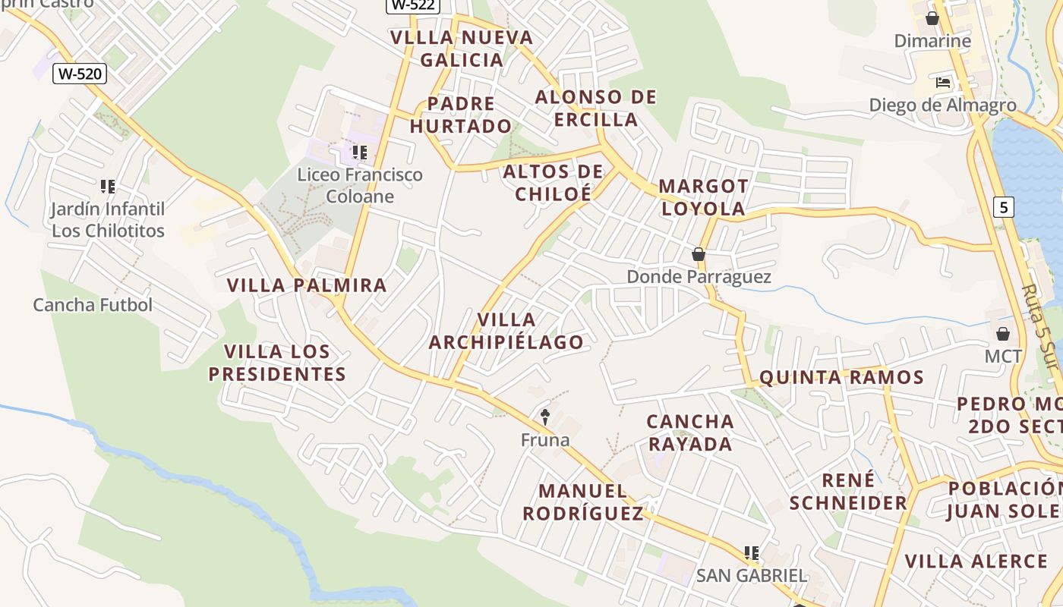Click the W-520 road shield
click(80, 74)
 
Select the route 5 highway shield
click(1004, 206)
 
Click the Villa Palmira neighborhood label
click(307, 286)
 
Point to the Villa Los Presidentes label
click(277, 363)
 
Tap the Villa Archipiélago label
click(506, 331)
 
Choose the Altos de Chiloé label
click(553, 183)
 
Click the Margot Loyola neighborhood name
click(703, 197)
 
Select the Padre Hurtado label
click(461, 115)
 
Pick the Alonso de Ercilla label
click(596, 109)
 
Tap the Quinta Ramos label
click(841, 378)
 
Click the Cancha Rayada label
click(690, 432)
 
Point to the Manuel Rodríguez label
click(583, 502)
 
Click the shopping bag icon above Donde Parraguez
click(699, 255)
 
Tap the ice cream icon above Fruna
click(544, 417)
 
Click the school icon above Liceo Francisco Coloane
click(360, 153)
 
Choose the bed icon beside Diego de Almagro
click(943, 83)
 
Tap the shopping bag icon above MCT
click(1003, 334)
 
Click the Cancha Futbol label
click(93, 305)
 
